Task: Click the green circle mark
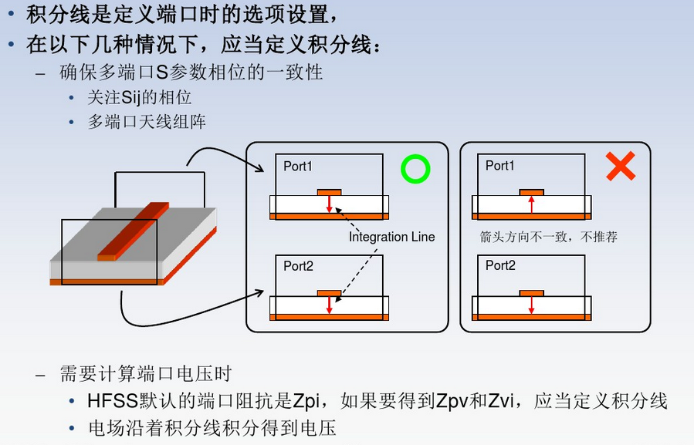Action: point(415,169)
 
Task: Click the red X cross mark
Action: point(620,166)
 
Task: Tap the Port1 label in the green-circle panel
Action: point(298,166)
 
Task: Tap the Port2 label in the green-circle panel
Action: point(298,266)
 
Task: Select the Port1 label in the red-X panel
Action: point(500,166)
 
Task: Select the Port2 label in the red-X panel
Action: point(500,266)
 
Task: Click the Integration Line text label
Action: point(391,237)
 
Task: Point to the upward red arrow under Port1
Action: point(531,204)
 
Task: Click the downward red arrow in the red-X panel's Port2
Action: point(531,304)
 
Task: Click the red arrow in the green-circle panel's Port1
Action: point(329,204)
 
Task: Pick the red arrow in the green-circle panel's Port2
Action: point(329,304)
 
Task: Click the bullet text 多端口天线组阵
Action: point(147,122)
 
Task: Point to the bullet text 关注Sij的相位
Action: point(139,98)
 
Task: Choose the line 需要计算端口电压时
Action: point(145,375)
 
